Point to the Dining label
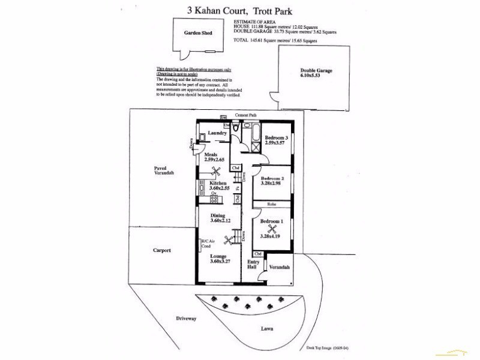tap(217, 215)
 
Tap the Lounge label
tap(218, 256)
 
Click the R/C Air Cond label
tap(208, 244)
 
